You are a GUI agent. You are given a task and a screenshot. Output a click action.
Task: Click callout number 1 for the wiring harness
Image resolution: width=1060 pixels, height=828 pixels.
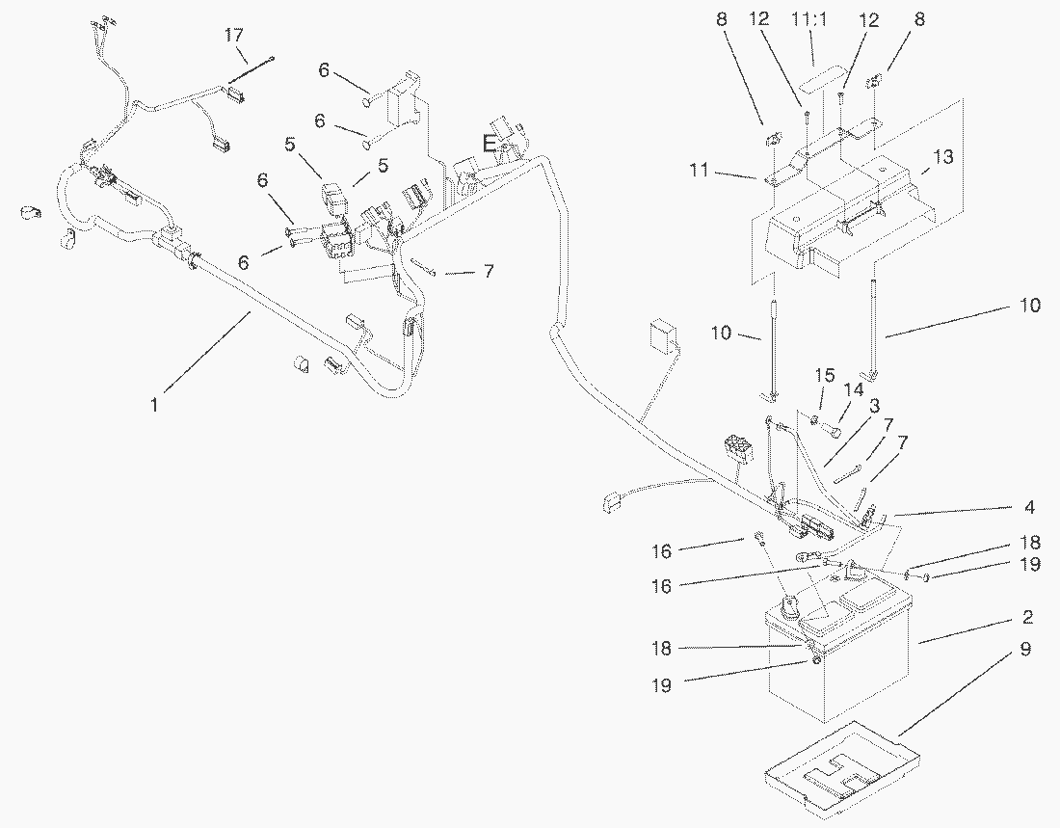pos(154,405)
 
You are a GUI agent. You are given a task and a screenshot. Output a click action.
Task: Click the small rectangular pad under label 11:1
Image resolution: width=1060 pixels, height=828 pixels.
pos(820,73)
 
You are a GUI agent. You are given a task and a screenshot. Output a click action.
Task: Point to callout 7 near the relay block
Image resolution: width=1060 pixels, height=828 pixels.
pos(489,273)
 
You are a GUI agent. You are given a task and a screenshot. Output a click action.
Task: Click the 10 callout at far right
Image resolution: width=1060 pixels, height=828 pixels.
pos(1030,306)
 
